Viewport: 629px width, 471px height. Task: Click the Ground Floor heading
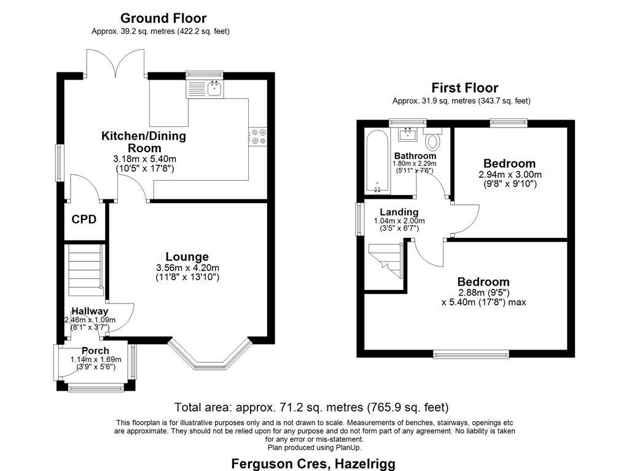(x=163, y=18)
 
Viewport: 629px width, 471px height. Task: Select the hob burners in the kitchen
(x=258, y=137)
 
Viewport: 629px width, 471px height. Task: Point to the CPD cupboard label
(x=84, y=219)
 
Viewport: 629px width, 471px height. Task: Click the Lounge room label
(x=187, y=257)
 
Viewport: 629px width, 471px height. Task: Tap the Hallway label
(x=89, y=312)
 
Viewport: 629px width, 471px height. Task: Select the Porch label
(x=95, y=351)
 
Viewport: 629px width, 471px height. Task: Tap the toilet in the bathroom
(x=433, y=140)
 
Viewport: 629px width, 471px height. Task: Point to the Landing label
(x=399, y=212)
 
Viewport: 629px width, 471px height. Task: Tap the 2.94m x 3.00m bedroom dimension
(x=510, y=174)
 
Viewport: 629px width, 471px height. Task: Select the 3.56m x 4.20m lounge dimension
(x=187, y=268)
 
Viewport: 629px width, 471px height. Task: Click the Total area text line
(x=311, y=407)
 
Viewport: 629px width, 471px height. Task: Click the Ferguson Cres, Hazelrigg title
(x=313, y=463)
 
